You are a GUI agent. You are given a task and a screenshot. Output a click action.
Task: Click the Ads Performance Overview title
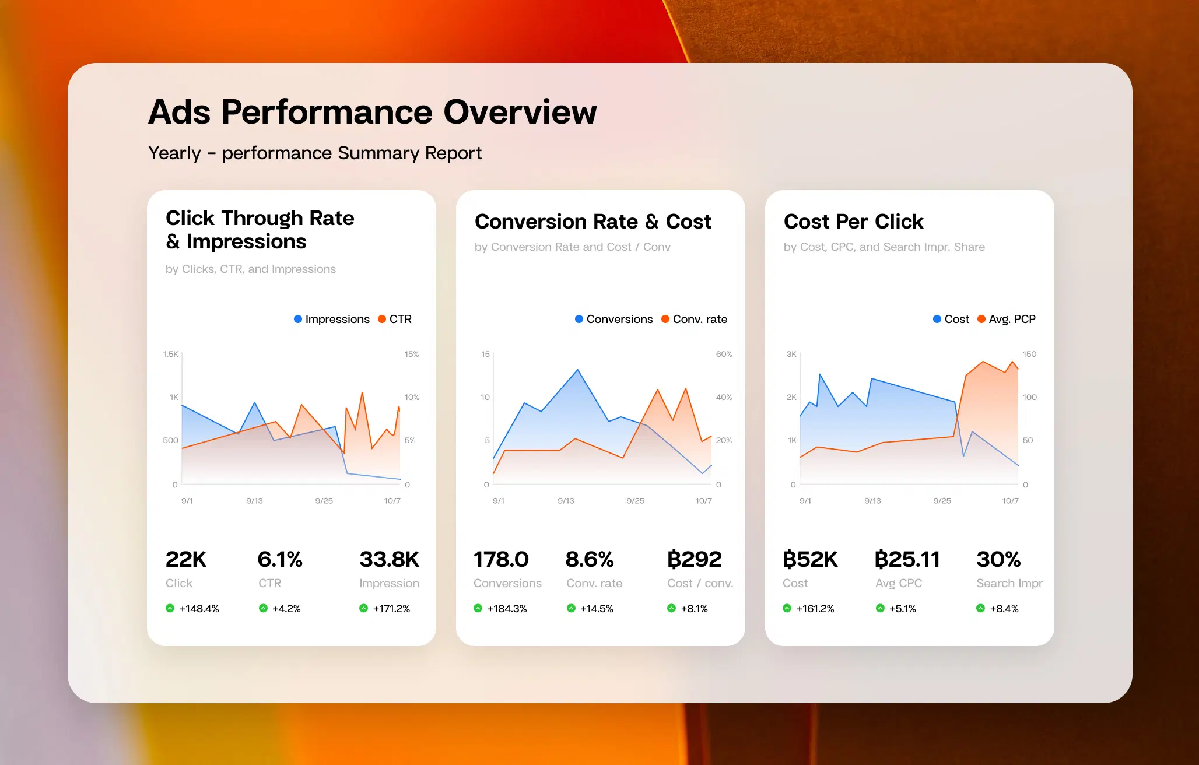pos(373,112)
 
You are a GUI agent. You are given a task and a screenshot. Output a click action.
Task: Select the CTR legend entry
pos(395,319)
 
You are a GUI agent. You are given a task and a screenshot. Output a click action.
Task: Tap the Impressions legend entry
pos(331,319)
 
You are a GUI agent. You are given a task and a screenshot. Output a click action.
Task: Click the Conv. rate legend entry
pos(694,319)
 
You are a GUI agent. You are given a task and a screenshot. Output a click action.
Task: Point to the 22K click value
pos(185,559)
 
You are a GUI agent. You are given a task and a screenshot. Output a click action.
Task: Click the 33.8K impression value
pos(389,559)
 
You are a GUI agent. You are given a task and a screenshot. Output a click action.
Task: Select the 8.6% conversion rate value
pos(589,559)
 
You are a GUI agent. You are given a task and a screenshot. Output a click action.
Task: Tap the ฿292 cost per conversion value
pos(694,559)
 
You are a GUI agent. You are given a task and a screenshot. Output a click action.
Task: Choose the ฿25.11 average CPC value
pos(907,559)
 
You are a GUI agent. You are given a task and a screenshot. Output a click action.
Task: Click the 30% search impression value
pos(998,559)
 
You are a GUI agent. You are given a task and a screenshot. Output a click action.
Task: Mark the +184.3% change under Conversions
pos(506,609)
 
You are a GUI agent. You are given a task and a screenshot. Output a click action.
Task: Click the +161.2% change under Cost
pos(815,609)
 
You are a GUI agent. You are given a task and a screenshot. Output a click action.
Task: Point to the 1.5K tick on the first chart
pos(171,354)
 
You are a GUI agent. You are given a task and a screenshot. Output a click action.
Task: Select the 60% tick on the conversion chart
pos(724,354)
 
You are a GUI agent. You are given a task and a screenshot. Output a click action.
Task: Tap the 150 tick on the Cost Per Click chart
pos(1029,354)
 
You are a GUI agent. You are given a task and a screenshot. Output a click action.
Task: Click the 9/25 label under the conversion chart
pos(635,501)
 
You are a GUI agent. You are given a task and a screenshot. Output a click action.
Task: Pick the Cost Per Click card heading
pos(853,222)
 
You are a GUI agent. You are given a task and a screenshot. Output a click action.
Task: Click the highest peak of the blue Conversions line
pos(578,370)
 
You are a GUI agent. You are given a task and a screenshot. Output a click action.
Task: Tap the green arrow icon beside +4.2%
pos(263,608)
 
